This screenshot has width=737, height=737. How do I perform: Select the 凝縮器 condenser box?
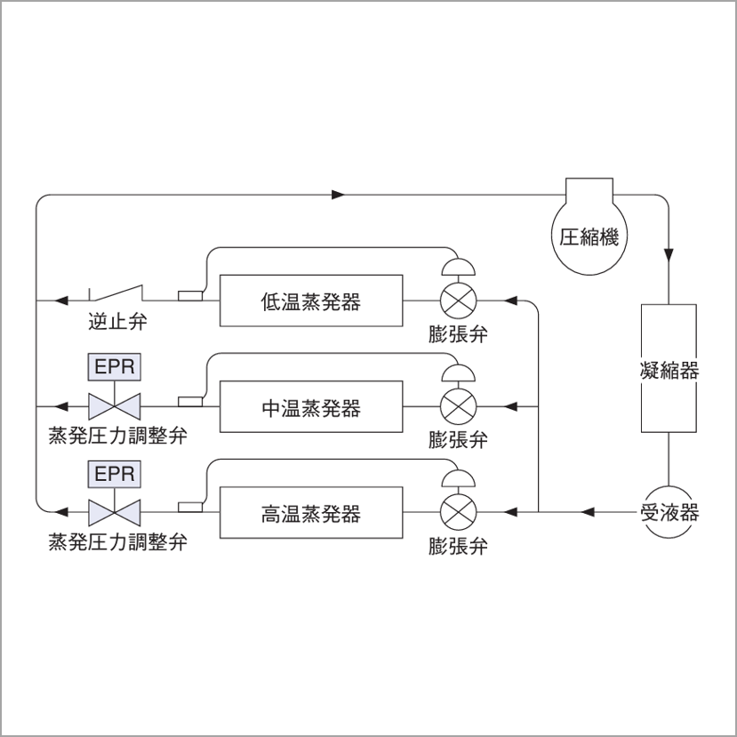pos(668,369)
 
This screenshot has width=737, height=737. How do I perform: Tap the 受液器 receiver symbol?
pos(668,512)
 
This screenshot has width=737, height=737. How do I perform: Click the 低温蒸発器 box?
pos(310,300)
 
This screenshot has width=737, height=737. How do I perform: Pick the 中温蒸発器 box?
pos(310,407)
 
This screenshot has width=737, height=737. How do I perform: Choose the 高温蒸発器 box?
pos(310,513)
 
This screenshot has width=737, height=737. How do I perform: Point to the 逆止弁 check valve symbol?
pos(116,294)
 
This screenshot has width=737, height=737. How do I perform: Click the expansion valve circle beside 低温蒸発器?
pos(459,300)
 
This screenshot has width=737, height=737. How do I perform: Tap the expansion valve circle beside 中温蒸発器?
pos(459,407)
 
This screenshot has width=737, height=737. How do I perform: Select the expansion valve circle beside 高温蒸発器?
pos(459,513)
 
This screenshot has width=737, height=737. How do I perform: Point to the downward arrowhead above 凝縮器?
pos(668,254)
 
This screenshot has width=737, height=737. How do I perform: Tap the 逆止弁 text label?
pos(117,322)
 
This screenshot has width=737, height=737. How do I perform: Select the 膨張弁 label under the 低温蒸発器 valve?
pos(458,334)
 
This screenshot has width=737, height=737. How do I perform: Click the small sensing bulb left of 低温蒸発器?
pos(190,296)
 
